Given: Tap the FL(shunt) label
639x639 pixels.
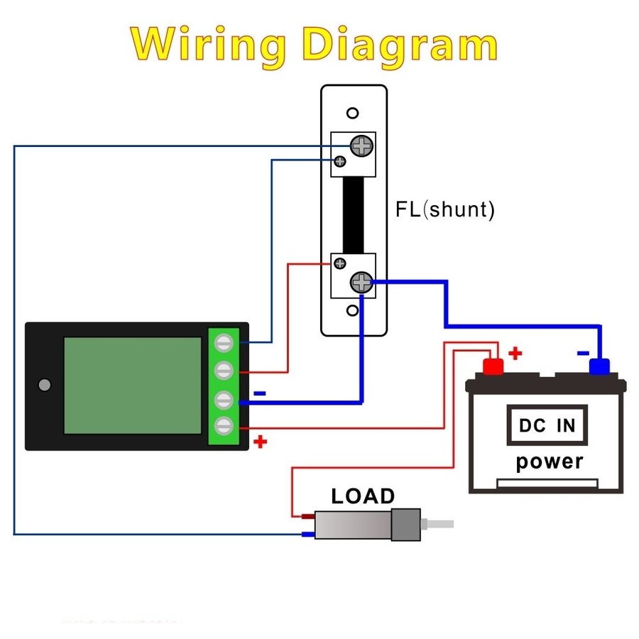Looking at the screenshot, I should (444, 209).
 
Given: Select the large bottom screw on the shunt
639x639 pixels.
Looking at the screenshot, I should (361, 283).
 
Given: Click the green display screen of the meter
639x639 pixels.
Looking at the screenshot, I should (133, 385).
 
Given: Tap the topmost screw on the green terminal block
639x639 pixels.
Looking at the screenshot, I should (225, 344).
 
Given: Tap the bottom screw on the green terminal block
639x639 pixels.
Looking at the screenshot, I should (225, 426).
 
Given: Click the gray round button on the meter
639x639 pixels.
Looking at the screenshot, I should (45, 385).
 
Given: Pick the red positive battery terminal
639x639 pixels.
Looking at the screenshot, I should (493, 366).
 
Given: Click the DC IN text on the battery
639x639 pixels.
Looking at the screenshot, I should (547, 425).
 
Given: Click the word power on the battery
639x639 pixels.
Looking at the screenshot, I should (549, 461).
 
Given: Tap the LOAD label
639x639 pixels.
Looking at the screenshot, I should (363, 496).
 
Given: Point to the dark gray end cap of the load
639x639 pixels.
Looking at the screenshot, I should (406, 525).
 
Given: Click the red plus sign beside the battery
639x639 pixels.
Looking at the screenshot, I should (515, 352).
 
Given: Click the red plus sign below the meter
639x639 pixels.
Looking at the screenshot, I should (261, 442).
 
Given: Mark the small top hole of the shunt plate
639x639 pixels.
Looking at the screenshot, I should (352, 114).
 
